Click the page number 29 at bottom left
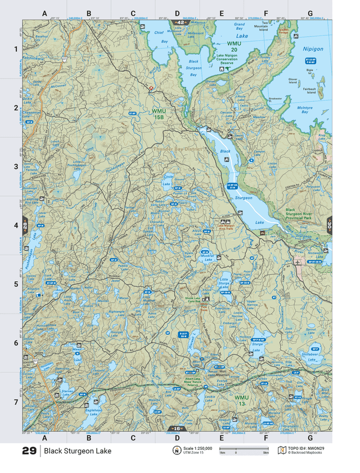pyautogui.click(x=29, y=451)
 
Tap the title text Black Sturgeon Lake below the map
pyautogui.click(x=78, y=451)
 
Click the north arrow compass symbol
pyautogui.click(x=175, y=451)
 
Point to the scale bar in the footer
pyautogui.click(x=243, y=449)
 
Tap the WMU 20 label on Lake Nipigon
pyautogui.click(x=233, y=47)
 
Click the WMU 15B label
pyautogui.click(x=159, y=114)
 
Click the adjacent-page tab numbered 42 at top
pyautogui.click(x=179, y=22)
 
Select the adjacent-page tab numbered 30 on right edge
pyautogui.click(x=329, y=225)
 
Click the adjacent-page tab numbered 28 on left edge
pyautogui.click(x=25, y=225)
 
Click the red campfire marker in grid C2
pyautogui.click(x=150, y=89)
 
